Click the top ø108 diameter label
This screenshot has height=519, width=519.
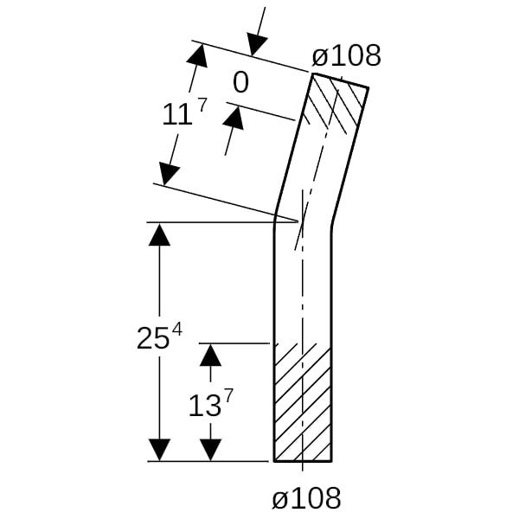coord(346,55)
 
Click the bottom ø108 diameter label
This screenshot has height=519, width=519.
coord(306,498)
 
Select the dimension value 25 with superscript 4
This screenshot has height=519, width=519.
coord(159,336)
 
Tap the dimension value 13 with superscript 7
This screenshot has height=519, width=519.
coord(211,402)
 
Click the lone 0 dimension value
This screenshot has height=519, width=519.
coord(240,83)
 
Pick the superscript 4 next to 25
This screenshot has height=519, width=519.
coord(177,330)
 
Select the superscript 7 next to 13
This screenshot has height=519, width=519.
coord(229,395)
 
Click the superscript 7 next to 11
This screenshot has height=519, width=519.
coord(202,105)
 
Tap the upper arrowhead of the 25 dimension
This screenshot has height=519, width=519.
coord(159,234)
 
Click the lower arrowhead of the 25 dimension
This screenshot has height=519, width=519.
coord(159,450)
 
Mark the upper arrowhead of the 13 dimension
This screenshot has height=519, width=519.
coord(210,355)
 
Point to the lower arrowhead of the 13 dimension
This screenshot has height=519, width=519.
coord(210,450)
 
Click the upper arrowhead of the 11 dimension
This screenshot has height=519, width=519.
coord(198,55)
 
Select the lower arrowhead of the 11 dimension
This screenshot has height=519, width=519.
coord(169,174)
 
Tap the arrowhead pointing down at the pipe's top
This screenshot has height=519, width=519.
coord(257,44)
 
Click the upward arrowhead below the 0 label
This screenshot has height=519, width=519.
coord(234,119)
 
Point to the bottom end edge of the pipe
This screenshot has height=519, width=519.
coord(303,461)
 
